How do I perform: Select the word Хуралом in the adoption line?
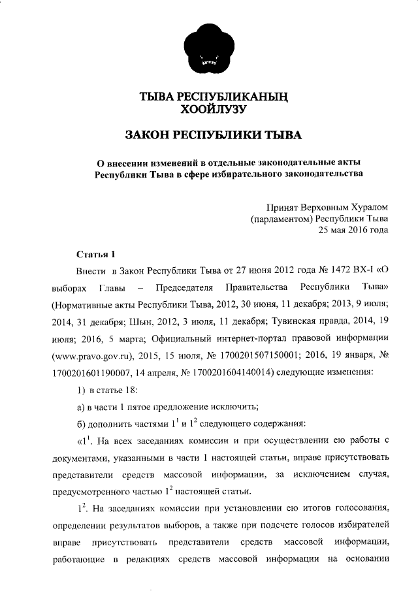(364, 206)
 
